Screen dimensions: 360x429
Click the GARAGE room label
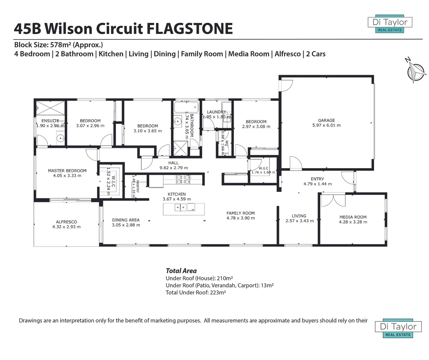326,120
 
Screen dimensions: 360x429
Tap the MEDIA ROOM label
353,217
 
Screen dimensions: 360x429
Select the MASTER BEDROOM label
67,171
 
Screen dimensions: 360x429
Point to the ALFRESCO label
66,222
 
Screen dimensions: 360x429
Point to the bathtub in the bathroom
186,107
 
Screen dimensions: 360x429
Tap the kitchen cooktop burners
183,180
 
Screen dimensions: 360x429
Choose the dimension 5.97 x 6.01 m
326,125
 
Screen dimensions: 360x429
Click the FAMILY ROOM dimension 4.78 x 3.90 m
240,218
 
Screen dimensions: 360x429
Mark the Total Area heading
181,271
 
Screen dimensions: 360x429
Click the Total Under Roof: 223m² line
196,292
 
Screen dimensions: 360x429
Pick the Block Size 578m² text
58,45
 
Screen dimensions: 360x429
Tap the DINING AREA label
126,220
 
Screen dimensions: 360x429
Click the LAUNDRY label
216,112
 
